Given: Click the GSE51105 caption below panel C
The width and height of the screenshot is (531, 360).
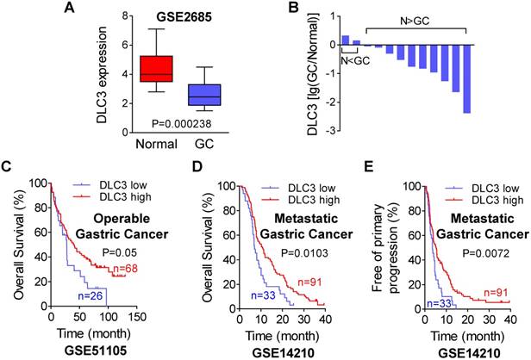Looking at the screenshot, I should pyautogui.click(x=78, y=353).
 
